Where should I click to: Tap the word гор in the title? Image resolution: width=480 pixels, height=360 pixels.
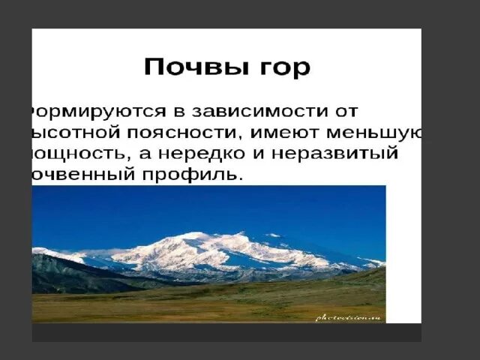click(x=282, y=67)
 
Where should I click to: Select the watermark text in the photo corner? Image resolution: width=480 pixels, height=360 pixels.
click(x=349, y=317)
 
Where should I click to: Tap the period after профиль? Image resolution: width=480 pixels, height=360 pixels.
click(x=241, y=181)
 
